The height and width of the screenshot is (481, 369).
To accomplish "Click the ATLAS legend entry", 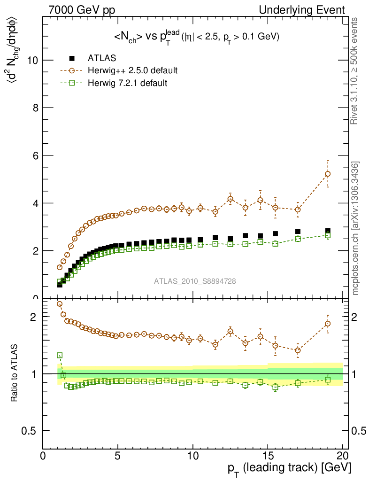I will coord(102,58).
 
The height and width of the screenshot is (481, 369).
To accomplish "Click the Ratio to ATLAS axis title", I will coord(15,373).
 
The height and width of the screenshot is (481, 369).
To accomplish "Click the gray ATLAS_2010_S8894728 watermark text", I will coord(195,281).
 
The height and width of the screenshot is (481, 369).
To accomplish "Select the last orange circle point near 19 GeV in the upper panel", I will coord(328,174).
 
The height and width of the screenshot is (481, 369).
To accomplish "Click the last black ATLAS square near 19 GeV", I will coord(328,231).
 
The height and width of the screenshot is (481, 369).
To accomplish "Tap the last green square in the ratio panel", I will coord(328,380).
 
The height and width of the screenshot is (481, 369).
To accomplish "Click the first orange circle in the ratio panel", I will coord(60,304).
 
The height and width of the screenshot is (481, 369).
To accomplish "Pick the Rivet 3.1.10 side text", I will coord(355,70).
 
